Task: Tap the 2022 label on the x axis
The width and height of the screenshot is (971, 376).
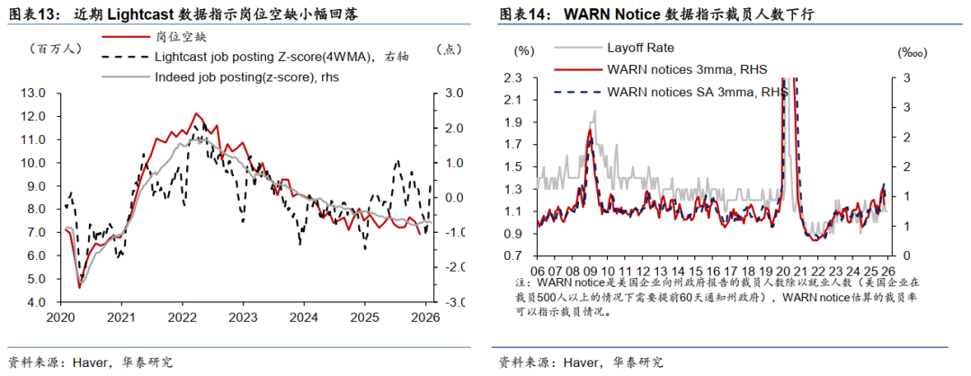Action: [x=183, y=317]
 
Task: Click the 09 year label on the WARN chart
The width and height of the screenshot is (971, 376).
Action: [x=592, y=269]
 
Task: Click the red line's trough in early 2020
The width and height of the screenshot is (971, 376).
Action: [x=79, y=287]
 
